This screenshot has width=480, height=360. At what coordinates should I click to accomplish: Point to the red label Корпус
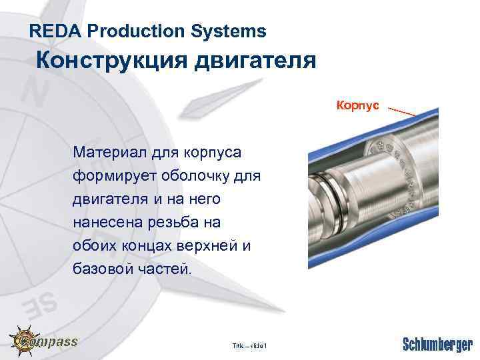pyautogui.click(x=358, y=105)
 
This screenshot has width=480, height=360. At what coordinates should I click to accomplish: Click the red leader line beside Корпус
pyautogui.click(x=401, y=111)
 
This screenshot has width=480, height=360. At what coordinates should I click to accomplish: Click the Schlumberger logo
pyautogui.click(x=437, y=344)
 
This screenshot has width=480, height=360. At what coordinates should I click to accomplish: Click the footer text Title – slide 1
pyautogui.click(x=249, y=345)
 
